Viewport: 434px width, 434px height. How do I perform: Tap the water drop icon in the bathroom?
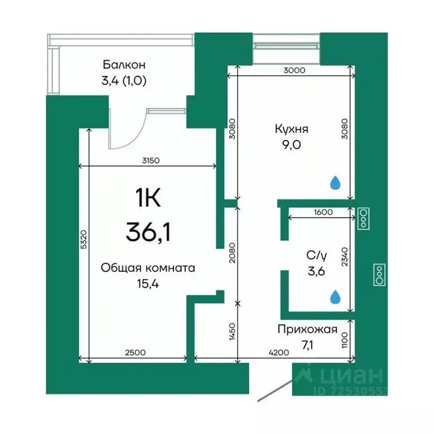click(336, 296)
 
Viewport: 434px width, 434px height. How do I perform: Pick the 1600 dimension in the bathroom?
click(322, 212)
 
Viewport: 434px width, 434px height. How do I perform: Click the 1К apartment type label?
click(148, 198)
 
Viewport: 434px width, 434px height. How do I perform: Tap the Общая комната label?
click(147, 268)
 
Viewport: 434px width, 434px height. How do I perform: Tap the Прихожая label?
click(307, 330)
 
